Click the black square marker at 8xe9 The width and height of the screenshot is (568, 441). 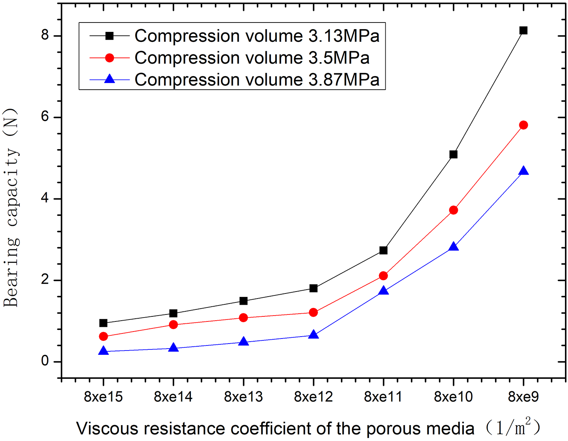tap(523, 30)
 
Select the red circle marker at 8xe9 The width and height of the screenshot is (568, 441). tap(523, 125)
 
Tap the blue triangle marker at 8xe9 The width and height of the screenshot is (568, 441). tap(523, 171)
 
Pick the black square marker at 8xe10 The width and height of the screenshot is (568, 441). tap(453, 155)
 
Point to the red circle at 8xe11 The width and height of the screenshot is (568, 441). tap(383, 276)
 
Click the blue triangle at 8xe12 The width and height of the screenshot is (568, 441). tap(313, 335)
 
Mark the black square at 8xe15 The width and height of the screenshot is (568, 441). tap(103, 323)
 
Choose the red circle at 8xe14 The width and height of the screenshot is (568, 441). tap(173, 325)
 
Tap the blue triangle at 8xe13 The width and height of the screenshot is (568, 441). tap(243, 342)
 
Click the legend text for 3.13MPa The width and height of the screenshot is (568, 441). tap(257, 36)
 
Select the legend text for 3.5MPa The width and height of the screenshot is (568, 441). tap(252, 58)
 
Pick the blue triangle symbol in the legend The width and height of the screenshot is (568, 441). tap(110, 79)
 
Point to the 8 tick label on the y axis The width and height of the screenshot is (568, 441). tap(45, 35)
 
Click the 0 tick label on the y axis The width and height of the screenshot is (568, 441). tap(45, 361)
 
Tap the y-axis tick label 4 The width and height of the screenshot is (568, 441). tap(45, 198)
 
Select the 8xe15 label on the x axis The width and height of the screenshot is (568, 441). tap(103, 397)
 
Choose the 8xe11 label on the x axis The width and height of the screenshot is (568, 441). tap(383, 397)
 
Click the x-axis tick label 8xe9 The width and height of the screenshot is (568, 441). tap(523, 397)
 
